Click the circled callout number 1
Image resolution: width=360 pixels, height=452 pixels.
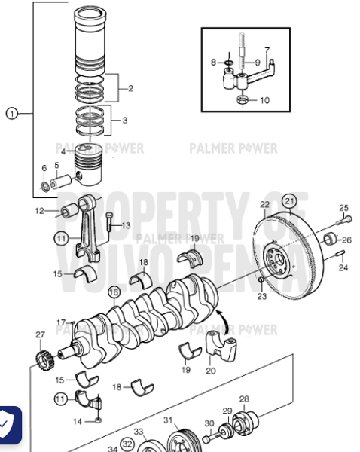11,114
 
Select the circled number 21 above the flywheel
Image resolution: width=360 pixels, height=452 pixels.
290,200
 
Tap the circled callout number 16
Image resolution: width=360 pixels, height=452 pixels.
114,292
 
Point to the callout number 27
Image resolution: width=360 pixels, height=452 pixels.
40,334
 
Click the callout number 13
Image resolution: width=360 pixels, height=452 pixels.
125,225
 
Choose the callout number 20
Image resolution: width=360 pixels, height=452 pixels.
211,370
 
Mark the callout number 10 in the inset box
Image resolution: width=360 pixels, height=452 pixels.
264,100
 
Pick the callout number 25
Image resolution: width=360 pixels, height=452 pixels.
343,208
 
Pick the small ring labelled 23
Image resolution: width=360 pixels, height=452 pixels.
259,282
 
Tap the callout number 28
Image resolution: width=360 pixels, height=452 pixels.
243,399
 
